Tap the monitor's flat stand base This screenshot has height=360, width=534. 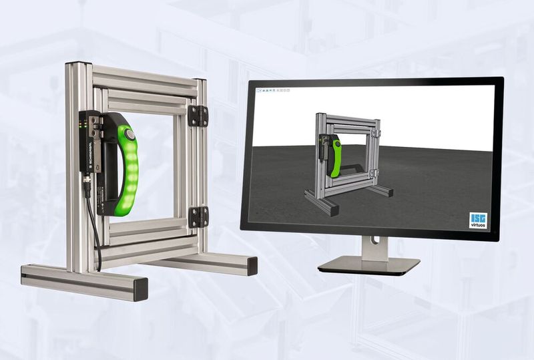click(x=368, y=265)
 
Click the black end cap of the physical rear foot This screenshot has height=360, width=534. click(x=252, y=266)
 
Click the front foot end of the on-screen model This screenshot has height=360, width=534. click(x=332, y=210)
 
